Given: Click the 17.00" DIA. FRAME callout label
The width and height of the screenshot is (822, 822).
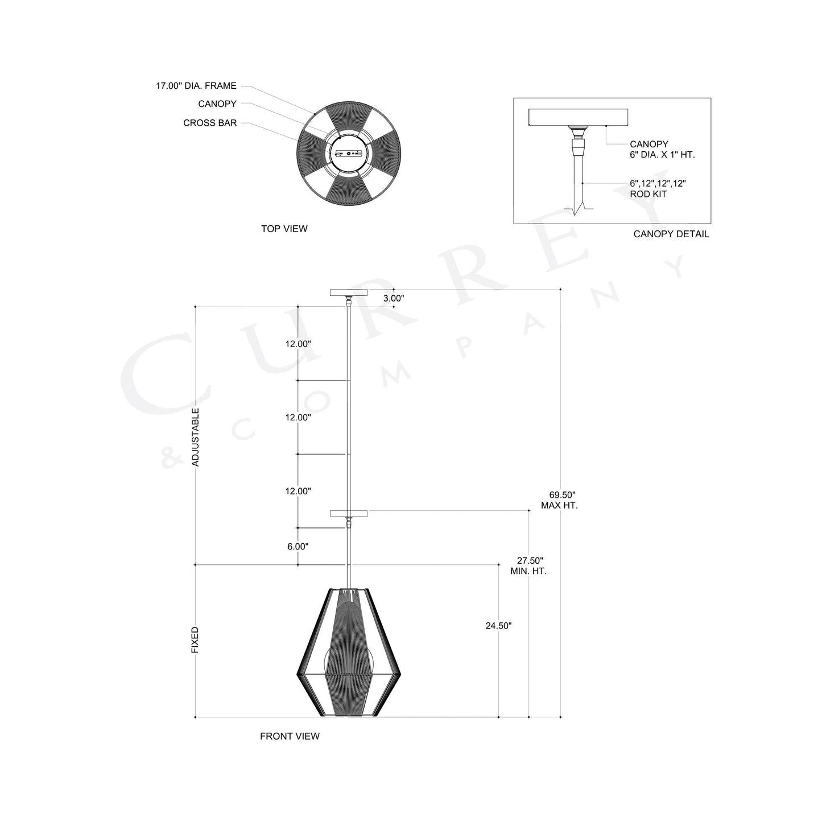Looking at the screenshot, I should pos(196,86).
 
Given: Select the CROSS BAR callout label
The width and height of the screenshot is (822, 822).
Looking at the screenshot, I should pos(210,123).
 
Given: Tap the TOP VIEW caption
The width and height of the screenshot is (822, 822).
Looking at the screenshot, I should pos(284,229).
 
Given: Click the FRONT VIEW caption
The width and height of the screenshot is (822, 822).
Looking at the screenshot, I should pos(290,736).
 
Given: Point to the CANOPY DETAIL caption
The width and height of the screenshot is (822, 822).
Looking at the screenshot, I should pos(671,234).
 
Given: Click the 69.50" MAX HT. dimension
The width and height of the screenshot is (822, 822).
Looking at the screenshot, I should pos(559,500).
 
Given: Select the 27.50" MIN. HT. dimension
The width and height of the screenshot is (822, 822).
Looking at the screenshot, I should pos(528,565).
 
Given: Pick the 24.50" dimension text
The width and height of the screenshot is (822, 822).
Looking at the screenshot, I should pos(498,626).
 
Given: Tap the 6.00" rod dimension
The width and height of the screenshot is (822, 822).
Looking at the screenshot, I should pos(298,547).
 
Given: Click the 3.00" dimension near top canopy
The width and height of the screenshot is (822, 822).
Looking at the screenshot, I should pos(393,298).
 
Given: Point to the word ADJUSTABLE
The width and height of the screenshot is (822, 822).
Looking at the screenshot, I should pos(196,437).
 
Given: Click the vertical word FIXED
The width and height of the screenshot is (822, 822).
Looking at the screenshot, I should pos(195,640).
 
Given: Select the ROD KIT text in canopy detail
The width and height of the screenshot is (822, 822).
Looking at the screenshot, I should pos(648,194).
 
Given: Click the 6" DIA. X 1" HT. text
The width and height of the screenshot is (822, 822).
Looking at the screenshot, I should pos(662,155).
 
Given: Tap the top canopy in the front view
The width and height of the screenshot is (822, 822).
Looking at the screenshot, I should pos(349,292).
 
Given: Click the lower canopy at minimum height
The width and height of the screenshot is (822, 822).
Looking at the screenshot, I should pos(349,513).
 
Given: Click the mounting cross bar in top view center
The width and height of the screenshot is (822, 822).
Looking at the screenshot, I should pos(349,154).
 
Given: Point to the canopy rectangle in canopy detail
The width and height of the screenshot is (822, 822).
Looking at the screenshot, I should pos(578,117).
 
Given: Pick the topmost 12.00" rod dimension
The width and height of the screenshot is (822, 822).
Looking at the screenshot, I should pos(298,344).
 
